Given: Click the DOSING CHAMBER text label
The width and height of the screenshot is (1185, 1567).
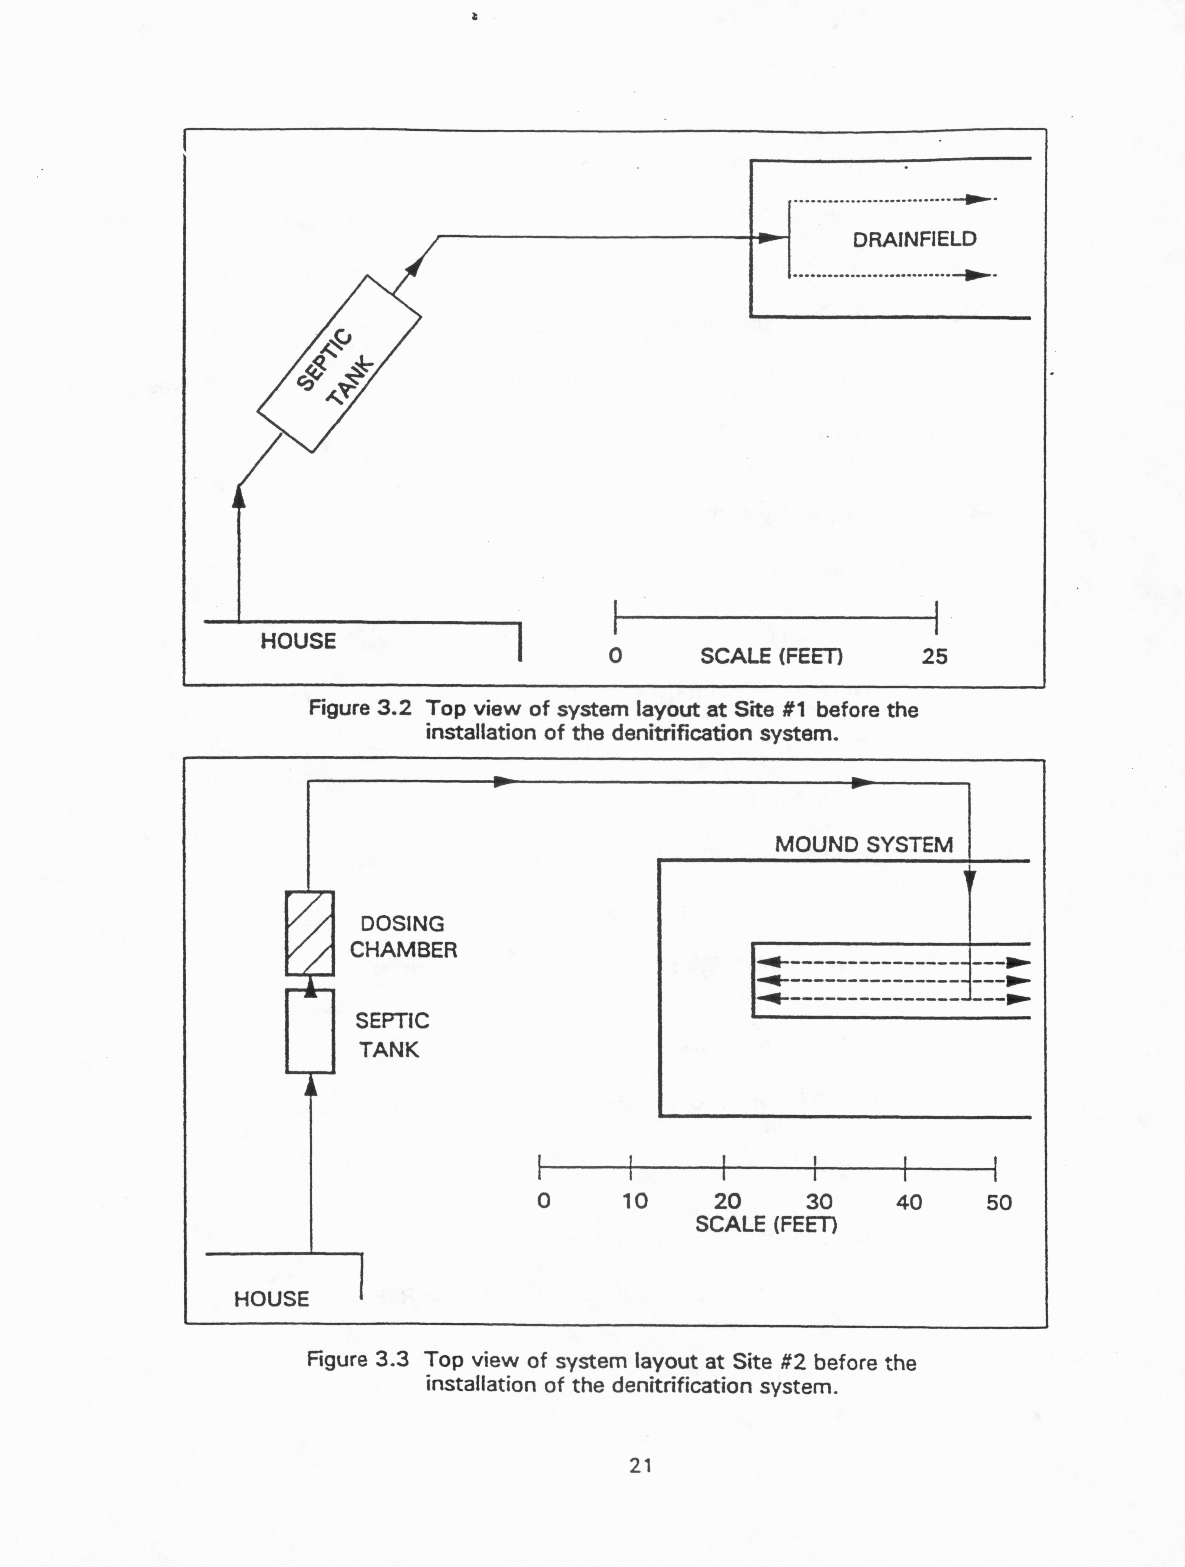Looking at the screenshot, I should (x=403, y=936).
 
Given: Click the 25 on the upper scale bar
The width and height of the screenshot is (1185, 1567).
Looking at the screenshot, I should (x=934, y=657).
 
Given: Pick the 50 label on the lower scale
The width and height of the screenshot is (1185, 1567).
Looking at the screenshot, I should (x=999, y=1202).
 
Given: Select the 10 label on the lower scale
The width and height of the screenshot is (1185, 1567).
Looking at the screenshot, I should (x=635, y=1201).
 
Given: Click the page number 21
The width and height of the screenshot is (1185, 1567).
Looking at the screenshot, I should (x=640, y=1466).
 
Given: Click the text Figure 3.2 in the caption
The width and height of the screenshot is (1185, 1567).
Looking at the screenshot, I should (x=360, y=708).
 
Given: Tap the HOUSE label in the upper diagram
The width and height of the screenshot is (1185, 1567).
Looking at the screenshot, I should (x=298, y=641).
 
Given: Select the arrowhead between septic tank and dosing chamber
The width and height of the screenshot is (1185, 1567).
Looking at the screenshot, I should (x=310, y=986).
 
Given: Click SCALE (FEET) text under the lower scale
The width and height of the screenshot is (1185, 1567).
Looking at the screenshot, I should (x=766, y=1225).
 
